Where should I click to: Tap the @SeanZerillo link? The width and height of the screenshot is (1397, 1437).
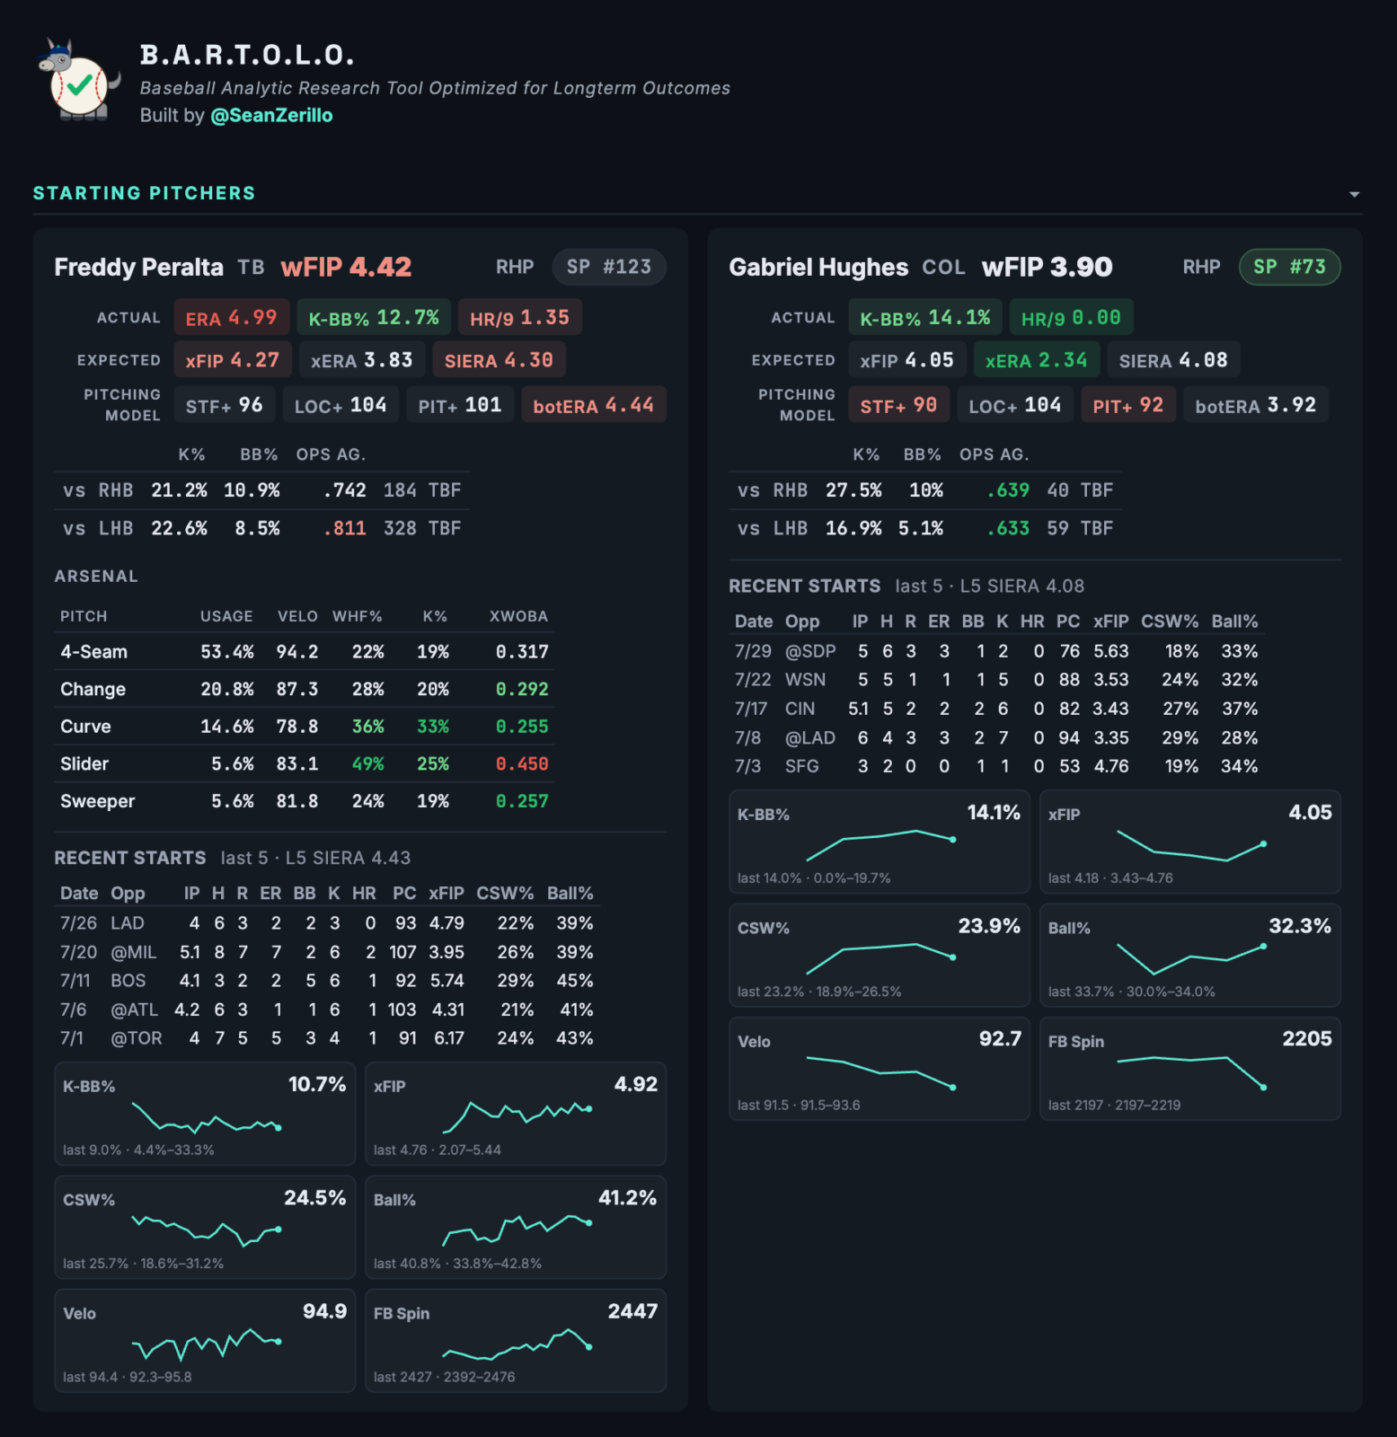[x=271, y=115]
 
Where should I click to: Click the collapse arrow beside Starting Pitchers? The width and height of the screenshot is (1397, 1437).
[x=1354, y=194]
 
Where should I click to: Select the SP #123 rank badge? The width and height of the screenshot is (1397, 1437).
[x=608, y=267]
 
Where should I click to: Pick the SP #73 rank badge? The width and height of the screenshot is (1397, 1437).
[x=1289, y=267]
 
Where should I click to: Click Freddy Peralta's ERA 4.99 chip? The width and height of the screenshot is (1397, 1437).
[x=231, y=318]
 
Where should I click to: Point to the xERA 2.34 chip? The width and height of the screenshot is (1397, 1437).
[x=1036, y=360]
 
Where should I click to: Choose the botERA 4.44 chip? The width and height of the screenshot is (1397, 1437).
[x=593, y=405]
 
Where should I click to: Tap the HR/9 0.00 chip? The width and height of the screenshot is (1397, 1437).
[x=1071, y=318]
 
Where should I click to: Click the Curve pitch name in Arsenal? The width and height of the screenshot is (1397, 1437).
[x=85, y=727]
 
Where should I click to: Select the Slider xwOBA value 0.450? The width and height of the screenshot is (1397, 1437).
[x=522, y=764]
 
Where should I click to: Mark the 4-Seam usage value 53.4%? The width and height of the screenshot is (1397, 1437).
[x=226, y=652]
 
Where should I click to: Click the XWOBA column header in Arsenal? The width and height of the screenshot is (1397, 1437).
[x=518, y=616]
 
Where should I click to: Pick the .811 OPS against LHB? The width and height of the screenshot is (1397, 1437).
[x=344, y=528]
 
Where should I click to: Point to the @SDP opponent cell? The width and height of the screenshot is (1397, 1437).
[x=810, y=651]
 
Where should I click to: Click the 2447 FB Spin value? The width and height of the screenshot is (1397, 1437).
[x=632, y=1311]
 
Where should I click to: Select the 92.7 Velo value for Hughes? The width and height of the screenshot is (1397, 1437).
[x=1000, y=1039]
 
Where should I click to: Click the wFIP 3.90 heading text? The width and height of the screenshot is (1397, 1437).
[x=1047, y=267]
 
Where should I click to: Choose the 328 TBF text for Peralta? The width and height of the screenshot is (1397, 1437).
[x=422, y=528]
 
